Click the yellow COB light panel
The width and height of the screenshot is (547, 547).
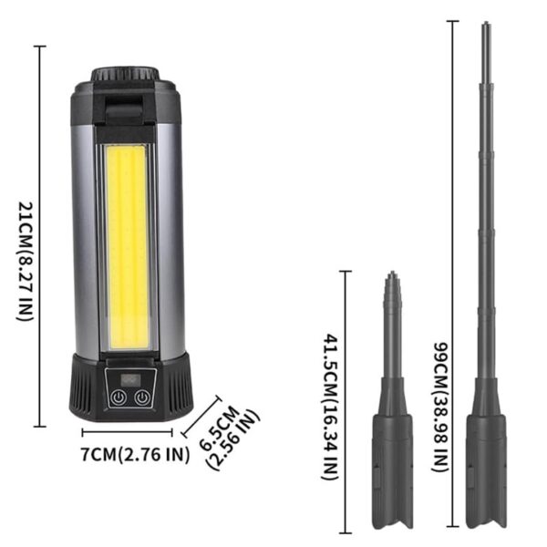tap(129, 247)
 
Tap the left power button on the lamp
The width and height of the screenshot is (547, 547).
tap(119, 397)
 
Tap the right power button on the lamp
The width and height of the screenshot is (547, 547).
tap(142, 397)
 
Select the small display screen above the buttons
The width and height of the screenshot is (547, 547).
tap(129, 379)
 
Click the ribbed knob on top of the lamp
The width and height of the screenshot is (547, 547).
tap(125, 74)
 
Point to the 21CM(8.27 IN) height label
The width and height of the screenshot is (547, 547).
tap(26, 261)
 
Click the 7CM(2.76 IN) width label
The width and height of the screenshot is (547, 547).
tap(135, 455)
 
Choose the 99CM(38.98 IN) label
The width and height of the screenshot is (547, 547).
tap(440, 408)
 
